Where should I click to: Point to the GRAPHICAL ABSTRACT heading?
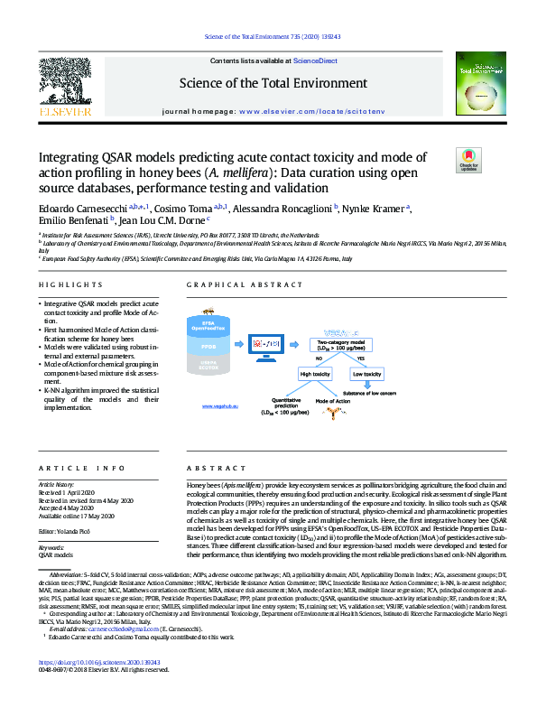(233, 284)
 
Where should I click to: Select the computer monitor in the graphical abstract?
(271, 345)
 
